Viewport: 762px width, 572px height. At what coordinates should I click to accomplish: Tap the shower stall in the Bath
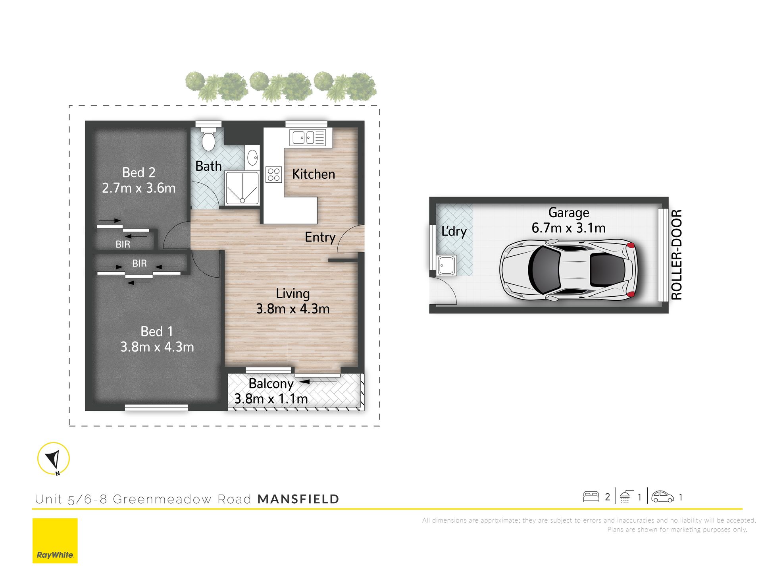point(242,188)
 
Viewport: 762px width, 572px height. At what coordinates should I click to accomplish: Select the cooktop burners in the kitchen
point(274,174)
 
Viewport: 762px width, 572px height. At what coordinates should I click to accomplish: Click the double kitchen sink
point(308,138)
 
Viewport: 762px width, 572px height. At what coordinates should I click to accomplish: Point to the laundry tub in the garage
point(447,265)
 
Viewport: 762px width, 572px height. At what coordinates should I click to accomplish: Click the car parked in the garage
point(568,269)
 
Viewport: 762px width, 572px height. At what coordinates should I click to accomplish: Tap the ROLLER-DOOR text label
point(676,255)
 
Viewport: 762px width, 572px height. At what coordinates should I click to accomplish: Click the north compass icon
point(54,459)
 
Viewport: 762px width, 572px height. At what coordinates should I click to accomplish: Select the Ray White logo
point(55,541)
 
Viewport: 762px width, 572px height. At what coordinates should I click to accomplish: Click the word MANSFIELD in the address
point(298,499)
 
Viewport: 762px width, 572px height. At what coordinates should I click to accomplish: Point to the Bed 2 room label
point(139,172)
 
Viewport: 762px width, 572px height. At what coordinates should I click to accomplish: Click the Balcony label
point(271,384)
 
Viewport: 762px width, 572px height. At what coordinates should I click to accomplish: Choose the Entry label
point(320,237)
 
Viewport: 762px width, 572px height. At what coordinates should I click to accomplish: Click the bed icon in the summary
point(591,497)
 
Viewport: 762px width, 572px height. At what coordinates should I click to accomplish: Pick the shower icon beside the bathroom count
point(625,497)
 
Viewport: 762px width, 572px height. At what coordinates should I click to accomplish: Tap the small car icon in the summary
point(663,497)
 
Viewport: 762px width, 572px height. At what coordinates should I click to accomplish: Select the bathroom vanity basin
point(252,158)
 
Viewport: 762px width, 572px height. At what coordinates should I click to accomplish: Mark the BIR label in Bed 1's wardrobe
point(139,263)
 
